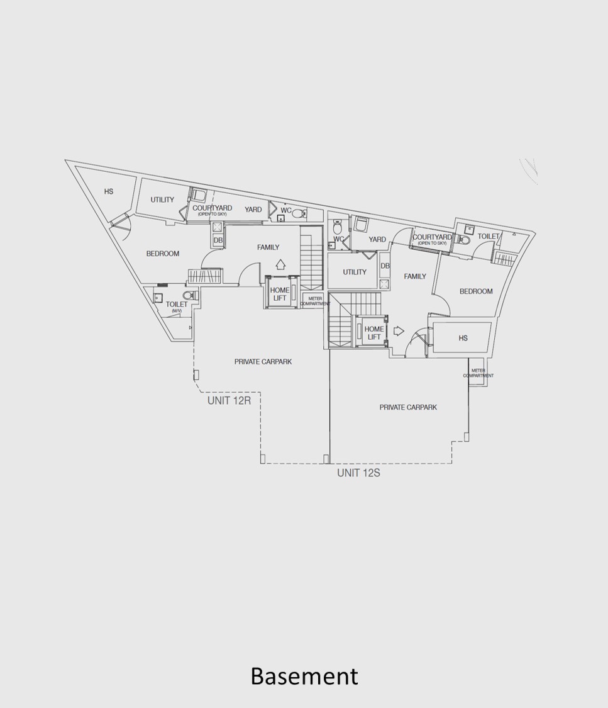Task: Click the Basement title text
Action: (x=304, y=676)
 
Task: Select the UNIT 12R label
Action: (x=229, y=400)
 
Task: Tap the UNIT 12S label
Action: (x=358, y=473)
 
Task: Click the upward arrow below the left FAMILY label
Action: (x=280, y=264)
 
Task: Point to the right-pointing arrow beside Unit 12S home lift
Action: (x=399, y=331)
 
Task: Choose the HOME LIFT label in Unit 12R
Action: (x=280, y=294)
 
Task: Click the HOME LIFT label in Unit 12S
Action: (x=374, y=333)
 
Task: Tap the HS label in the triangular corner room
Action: (x=109, y=191)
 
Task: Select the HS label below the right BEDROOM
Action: (x=463, y=338)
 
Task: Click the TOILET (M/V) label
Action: (x=176, y=306)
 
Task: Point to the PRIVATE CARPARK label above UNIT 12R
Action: (x=263, y=362)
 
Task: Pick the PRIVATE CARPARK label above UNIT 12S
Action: (x=408, y=407)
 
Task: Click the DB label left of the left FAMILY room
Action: (x=218, y=240)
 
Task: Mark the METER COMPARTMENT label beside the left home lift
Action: (x=315, y=301)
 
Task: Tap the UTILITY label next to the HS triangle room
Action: (x=162, y=199)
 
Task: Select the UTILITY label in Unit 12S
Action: (x=355, y=272)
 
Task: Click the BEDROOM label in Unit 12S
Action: (x=476, y=291)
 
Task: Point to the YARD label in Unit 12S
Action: (x=377, y=239)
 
